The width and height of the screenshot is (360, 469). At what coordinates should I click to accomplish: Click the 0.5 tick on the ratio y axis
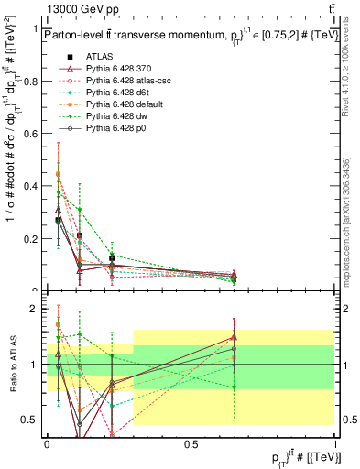pos(34,420)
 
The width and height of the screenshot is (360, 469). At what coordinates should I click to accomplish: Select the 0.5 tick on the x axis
pos(191,445)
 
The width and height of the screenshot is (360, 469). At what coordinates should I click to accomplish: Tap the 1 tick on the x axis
pos(335,445)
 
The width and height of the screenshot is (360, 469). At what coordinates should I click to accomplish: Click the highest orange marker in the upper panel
pos(59,173)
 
